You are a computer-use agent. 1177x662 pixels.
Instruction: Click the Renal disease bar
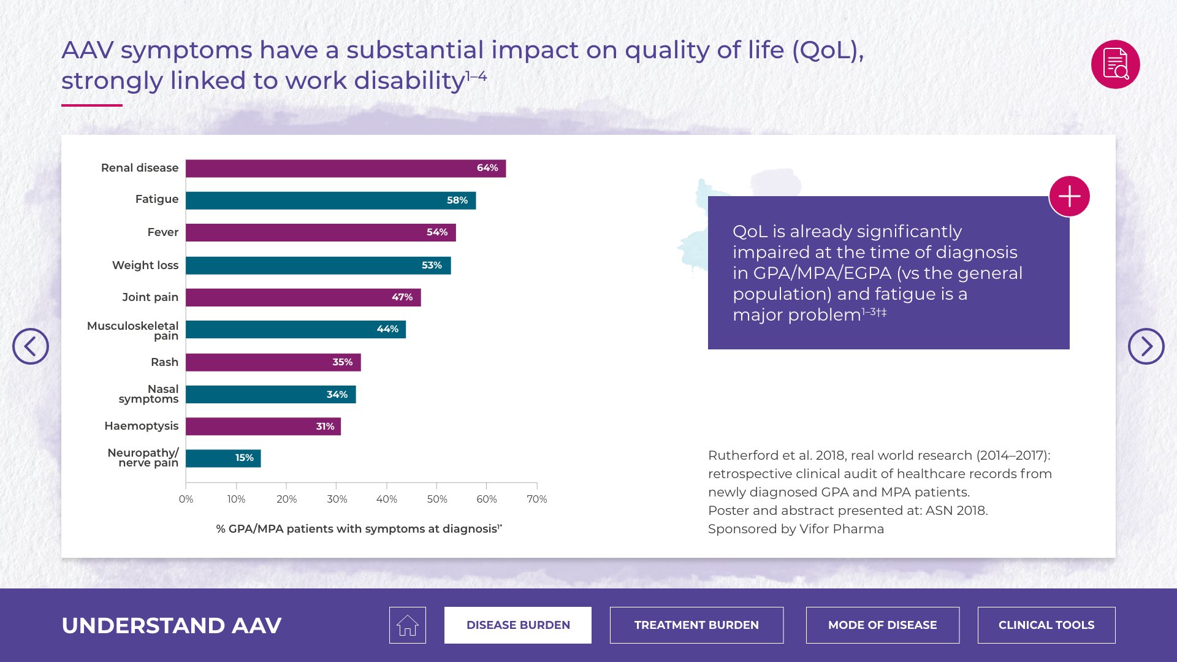pyautogui.click(x=345, y=169)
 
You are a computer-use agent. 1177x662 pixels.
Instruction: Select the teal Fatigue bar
pyautogui.click(x=330, y=200)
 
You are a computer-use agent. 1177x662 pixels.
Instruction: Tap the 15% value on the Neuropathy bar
pyautogui.click(x=244, y=458)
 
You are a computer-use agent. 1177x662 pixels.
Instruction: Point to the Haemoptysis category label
pyautogui.click(x=141, y=426)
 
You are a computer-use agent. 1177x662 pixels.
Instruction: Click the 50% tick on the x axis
pyautogui.click(x=436, y=499)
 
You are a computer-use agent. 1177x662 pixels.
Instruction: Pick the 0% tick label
pyautogui.click(x=186, y=499)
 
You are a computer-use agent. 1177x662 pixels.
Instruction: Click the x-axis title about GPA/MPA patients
pyautogui.click(x=359, y=529)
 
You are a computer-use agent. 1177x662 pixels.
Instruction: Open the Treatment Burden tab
pyautogui.click(x=696, y=625)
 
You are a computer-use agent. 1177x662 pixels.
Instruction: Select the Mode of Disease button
pyautogui.click(x=882, y=625)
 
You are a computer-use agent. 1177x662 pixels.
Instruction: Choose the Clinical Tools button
pyautogui.click(x=1046, y=625)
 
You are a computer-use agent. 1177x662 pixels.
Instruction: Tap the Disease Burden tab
pyautogui.click(x=518, y=625)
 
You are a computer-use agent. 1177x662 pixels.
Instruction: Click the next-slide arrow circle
pyautogui.click(x=1146, y=346)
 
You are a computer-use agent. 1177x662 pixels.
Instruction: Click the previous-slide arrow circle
pyautogui.click(x=31, y=346)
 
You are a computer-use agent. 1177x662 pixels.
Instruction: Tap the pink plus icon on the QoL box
pyautogui.click(x=1069, y=197)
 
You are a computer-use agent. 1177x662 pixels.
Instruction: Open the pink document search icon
pyautogui.click(x=1115, y=64)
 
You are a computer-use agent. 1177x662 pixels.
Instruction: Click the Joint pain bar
pyautogui.click(x=303, y=297)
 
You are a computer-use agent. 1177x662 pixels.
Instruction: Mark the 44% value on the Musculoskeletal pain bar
pyautogui.click(x=387, y=329)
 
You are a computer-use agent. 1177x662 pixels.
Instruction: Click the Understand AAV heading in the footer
pyautogui.click(x=172, y=625)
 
